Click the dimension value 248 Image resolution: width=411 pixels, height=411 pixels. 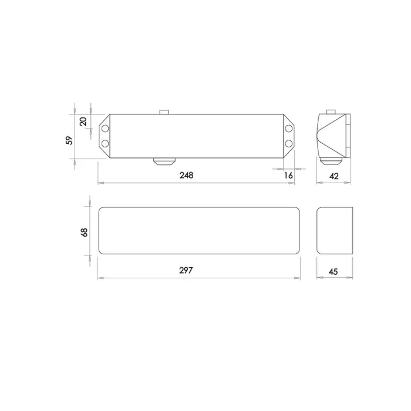pos(187,176)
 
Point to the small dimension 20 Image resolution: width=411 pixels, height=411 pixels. pos(83,122)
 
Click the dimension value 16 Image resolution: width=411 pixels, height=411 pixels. pos(288,176)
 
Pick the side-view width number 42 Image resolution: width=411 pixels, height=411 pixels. pos(335,176)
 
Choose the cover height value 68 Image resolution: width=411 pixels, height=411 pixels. pos(84,232)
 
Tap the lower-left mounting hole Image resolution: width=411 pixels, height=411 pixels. pos(105,143)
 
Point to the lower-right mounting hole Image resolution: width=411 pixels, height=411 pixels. pos(289,143)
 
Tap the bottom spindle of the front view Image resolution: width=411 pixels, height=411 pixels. pos(164,161)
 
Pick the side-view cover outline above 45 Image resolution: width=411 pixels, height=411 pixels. pos(335,231)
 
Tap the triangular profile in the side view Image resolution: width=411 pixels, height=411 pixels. pos(330,135)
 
